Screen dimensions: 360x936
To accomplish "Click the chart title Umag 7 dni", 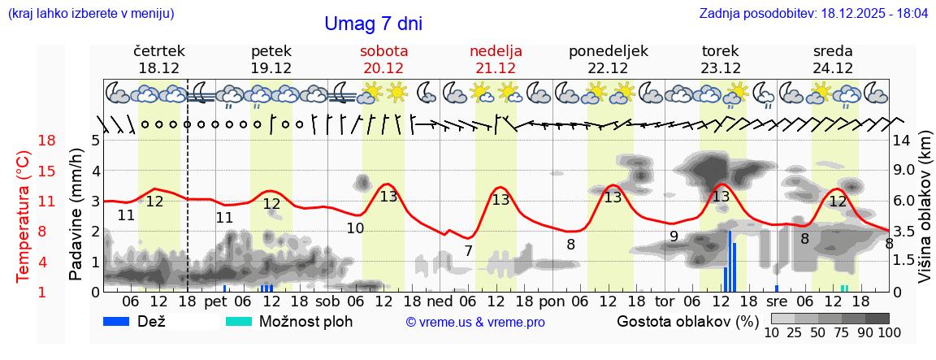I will click(373, 24).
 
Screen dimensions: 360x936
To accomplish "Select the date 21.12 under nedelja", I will click(496, 68).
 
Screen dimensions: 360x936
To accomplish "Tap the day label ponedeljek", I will click(609, 51).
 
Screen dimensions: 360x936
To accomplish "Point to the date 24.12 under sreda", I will click(833, 68).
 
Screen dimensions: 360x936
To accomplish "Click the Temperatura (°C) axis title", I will click(24, 216).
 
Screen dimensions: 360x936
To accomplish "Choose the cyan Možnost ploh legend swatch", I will click(238, 321).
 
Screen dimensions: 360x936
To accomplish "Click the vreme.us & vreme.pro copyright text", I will click(475, 322).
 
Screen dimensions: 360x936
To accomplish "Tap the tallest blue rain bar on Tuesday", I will click(730, 261).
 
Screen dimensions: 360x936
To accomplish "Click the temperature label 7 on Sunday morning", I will click(468, 251).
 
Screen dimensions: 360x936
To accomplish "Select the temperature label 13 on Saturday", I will click(388, 196).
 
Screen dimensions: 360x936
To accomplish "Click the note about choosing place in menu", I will click(90, 14).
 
